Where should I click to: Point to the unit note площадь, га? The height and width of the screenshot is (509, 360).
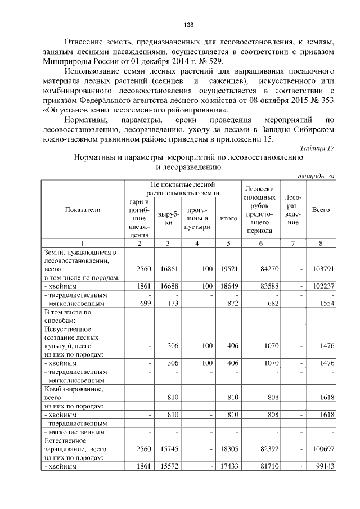point(316,176)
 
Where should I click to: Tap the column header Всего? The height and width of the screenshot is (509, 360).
point(321,209)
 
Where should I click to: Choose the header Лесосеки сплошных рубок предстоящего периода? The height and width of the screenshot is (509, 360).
point(260,209)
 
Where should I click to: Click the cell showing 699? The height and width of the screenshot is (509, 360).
point(145,303)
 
